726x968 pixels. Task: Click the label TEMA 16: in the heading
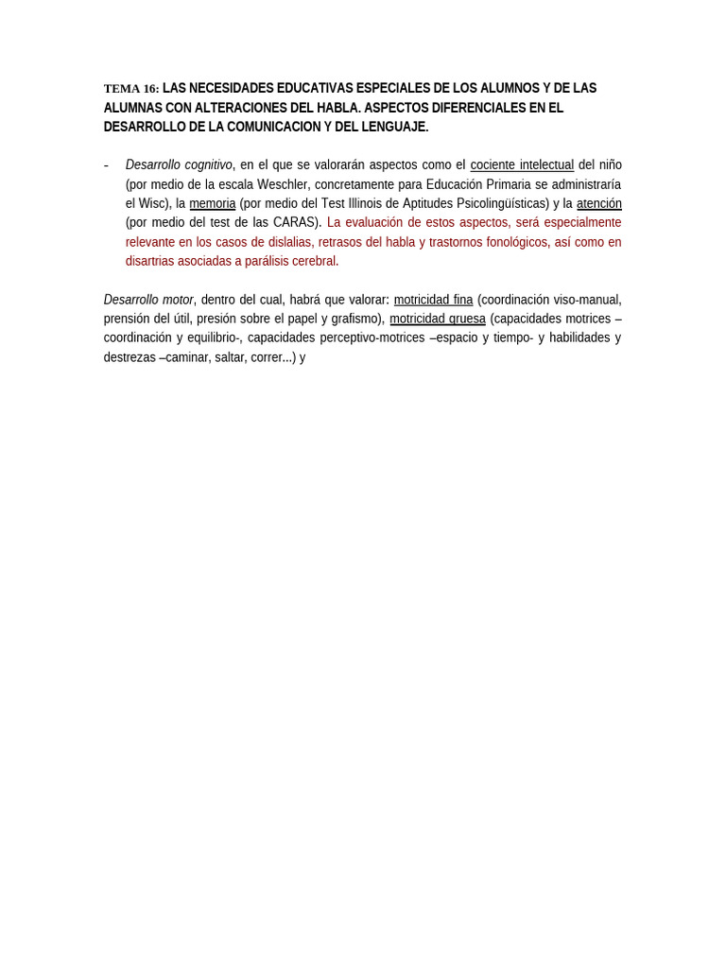pos(131,89)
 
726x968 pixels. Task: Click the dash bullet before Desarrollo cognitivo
pos(106,165)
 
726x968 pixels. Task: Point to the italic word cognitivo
pos(208,164)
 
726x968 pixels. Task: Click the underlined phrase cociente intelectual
pos(522,164)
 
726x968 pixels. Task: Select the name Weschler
pos(282,184)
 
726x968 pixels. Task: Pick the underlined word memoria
pos(212,203)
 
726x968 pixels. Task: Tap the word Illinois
pos(372,203)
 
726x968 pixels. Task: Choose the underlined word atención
pos(598,203)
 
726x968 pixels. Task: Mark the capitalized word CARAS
pos(296,222)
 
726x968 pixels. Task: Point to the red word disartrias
pos(154,261)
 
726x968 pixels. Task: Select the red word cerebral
pos(314,261)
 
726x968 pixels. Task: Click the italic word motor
pos(178,300)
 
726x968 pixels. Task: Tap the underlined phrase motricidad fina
pos(433,300)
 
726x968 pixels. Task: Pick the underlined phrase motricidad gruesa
pos(438,319)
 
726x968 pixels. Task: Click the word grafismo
pos(355,319)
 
